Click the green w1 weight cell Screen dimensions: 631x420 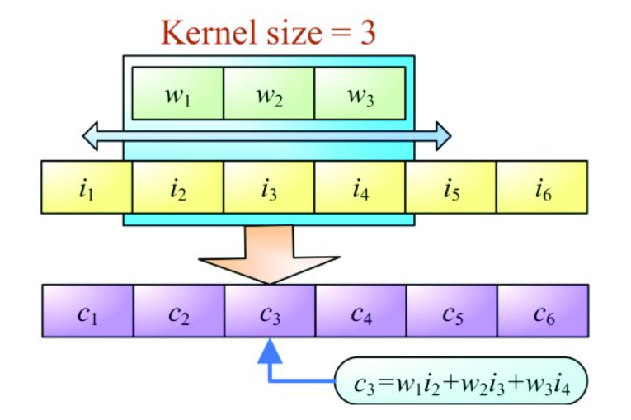[178, 93]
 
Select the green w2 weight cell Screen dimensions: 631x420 [269, 93]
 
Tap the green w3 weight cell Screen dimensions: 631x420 [360, 93]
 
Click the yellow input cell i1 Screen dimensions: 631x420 [87, 186]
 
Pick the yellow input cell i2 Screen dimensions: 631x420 [178, 186]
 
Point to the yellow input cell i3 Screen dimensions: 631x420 [269, 186]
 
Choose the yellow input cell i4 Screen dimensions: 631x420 [360, 186]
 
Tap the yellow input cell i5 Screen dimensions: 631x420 [450, 186]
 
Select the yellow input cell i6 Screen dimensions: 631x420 [542, 186]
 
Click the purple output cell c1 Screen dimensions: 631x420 [87, 311]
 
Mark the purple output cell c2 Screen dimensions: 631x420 [179, 311]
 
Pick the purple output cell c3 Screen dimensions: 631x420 [270, 311]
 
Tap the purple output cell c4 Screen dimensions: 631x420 [361, 311]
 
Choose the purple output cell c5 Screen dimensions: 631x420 [452, 311]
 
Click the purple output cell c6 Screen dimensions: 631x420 [543, 311]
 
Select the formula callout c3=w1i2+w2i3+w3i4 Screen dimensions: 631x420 [461, 380]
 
